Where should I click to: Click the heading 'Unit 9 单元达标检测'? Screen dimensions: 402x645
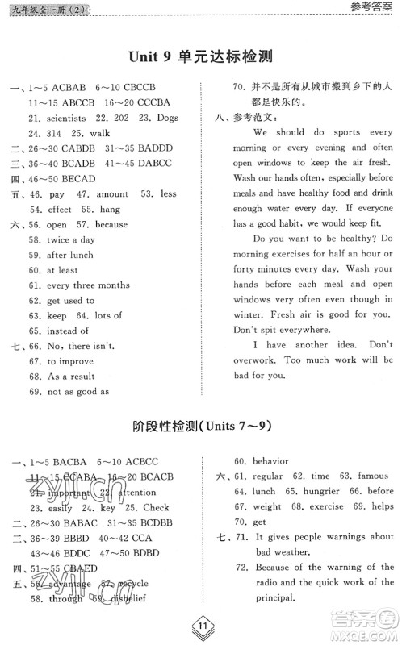[x=200, y=56]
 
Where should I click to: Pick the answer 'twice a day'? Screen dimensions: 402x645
[x=70, y=239]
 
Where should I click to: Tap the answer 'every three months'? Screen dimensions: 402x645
[x=88, y=285]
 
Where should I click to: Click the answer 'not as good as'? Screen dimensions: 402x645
[x=77, y=391]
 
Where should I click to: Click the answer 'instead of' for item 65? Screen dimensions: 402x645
[x=67, y=331]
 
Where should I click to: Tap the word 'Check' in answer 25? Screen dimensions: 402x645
[x=155, y=507]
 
